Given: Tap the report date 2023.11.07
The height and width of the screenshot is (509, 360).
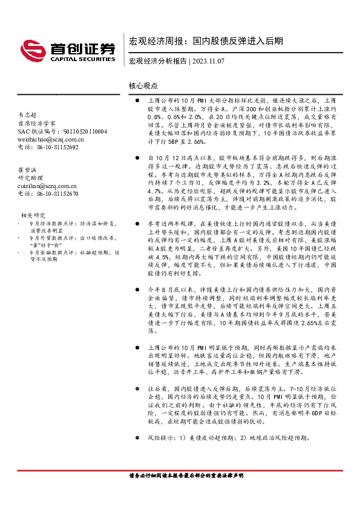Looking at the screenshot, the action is [x=209, y=61].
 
